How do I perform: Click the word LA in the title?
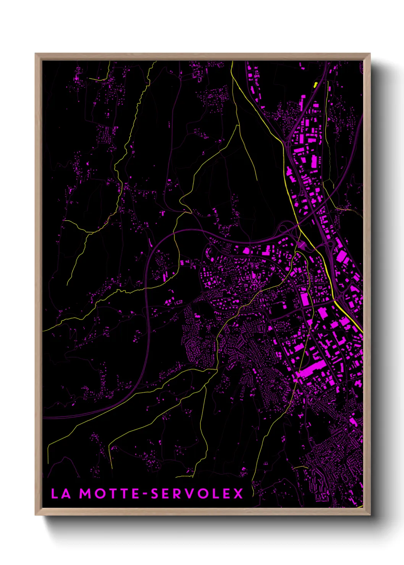tap(61, 494)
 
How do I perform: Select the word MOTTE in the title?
tap(109, 494)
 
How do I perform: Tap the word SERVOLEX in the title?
tap(197, 494)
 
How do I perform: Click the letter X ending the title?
tap(238, 494)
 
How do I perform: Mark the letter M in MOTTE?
tap(85, 494)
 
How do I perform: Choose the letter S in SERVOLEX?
tap(155, 494)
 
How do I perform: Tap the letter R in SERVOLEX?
tap(179, 494)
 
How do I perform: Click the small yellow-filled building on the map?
tap(316, 84)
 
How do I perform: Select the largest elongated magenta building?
tap(313, 369)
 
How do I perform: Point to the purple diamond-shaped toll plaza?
tap(301, 244)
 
